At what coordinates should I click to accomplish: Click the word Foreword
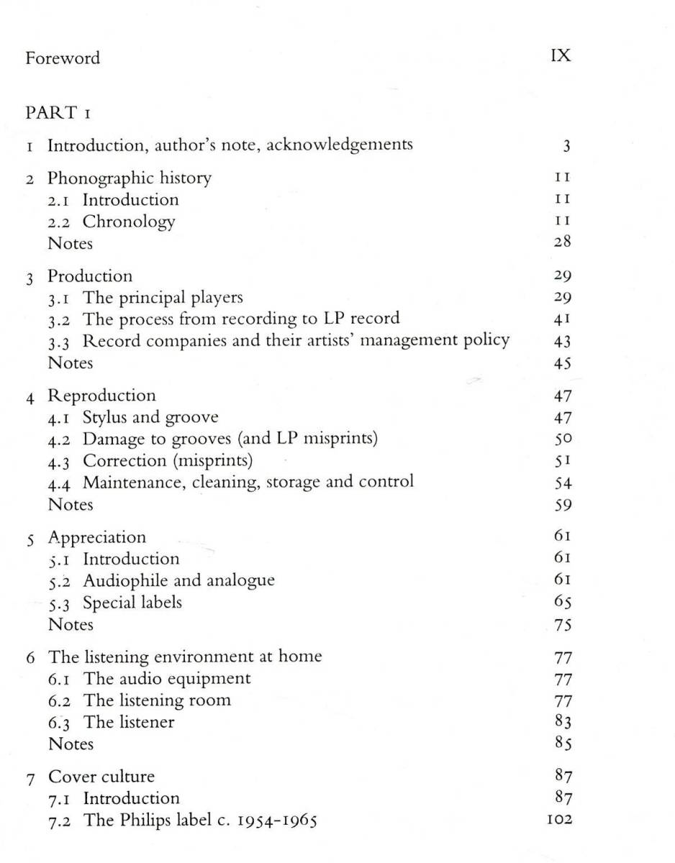click(x=63, y=58)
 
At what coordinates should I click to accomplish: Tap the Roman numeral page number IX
click(x=561, y=56)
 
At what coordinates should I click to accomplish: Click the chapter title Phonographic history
click(x=130, y=178)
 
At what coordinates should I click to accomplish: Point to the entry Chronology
click(x=128, y=222)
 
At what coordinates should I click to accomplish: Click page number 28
click(x=562, y=242)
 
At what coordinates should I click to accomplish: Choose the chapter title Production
click(x=90, y=276)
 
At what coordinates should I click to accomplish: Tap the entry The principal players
click(x=163, y=297)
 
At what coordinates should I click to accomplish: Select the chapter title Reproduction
click(x=101, y=396)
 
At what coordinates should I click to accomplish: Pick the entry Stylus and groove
click(x=150, y=417)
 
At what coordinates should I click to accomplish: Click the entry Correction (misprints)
click(x=168, y=460)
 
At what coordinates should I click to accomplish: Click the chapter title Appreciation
click(x=96, y=537)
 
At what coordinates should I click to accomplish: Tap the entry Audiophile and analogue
click(x=178, y=580)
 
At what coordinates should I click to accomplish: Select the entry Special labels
click(x=132, y=602)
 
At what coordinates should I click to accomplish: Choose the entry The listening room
click(x=157, y=700)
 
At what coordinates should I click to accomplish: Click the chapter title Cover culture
click(x=101, y=777)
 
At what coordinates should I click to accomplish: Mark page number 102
click(x=559, y=819)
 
